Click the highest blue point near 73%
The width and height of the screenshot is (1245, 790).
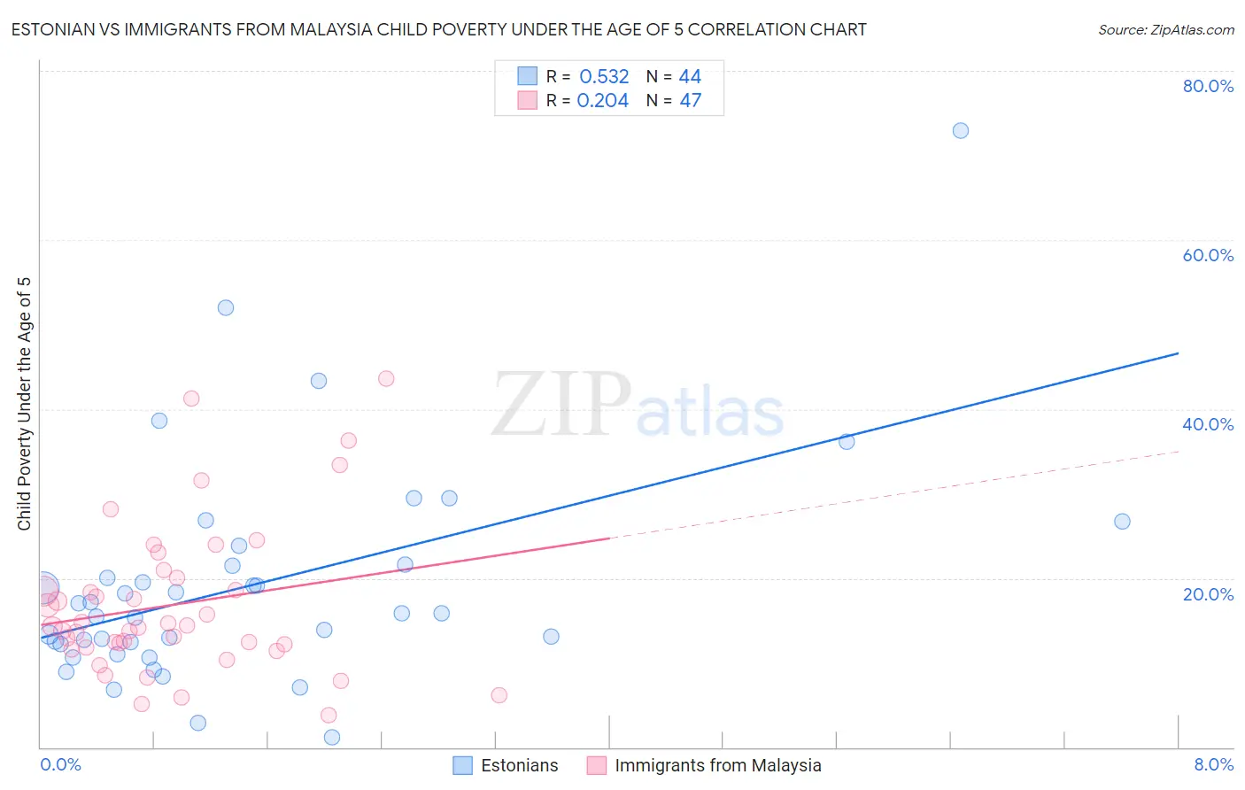coord(960,130)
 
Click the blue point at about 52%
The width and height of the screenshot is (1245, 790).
coord(226,307)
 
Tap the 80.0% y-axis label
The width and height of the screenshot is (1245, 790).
coord(1208,86)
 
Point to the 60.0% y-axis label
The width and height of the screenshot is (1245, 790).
coord(1208,255)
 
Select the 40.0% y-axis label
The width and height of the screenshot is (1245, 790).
coord(1208,424)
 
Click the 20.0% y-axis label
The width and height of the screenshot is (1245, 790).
coord(1208,594)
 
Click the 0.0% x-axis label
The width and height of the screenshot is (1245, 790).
coord(60,764)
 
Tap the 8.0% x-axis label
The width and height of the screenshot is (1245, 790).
coord(1213,764)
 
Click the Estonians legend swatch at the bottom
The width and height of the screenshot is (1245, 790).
coord(462,765)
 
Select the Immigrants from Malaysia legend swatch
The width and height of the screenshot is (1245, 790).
coord(597,765)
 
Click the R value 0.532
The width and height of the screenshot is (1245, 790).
coord(604,77)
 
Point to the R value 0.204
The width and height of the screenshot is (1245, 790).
coord(602,101)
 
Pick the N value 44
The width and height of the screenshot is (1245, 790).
coord(690,77)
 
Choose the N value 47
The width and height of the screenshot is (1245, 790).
coord(690,101)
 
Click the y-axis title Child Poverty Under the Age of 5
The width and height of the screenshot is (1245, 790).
coord(25,404)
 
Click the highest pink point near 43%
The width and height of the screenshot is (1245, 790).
coord(386,378)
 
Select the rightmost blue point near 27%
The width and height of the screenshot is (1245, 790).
coord(1122,521)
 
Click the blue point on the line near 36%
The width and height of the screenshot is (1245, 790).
coord(847,441)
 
